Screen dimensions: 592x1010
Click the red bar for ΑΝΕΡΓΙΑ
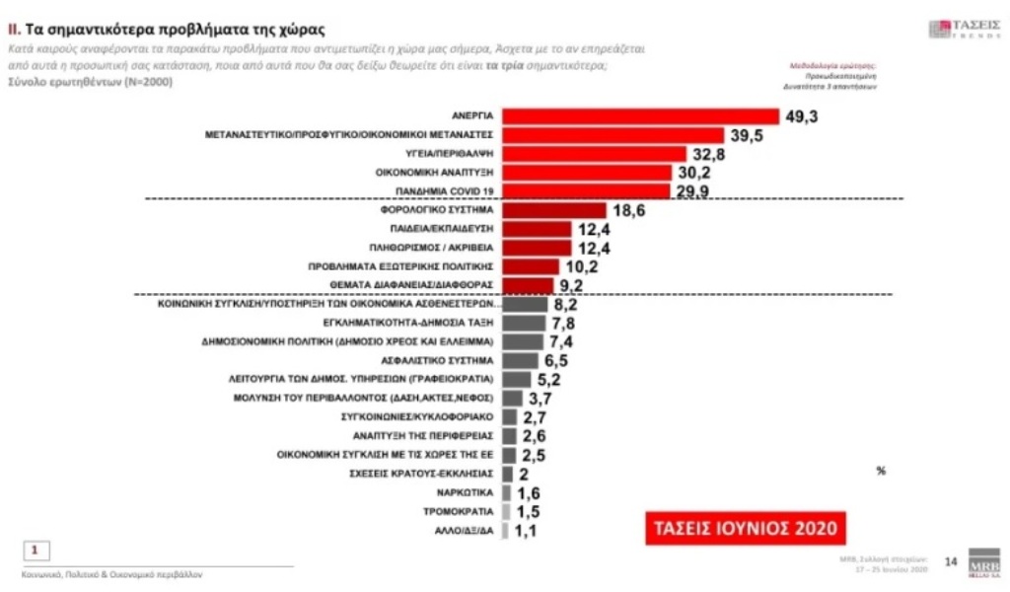tap(641, 115)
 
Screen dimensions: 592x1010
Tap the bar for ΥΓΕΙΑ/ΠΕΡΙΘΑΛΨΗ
tap(594, 154)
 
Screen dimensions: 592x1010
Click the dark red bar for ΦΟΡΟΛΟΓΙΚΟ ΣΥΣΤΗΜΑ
tap(553, 210)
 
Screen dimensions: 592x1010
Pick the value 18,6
tap(628, 210)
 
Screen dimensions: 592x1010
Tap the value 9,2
tap(572, 285)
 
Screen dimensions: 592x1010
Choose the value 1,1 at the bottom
tap(529, 531)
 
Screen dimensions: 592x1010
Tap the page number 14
tap(951, 561)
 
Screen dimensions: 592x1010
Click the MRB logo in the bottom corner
tap(983, 563)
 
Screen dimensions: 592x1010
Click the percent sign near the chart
tap(881, 472)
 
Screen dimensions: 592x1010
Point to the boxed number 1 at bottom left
tap(36, 550)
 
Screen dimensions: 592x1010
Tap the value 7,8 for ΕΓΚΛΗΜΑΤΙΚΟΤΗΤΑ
tap(565, 323)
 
